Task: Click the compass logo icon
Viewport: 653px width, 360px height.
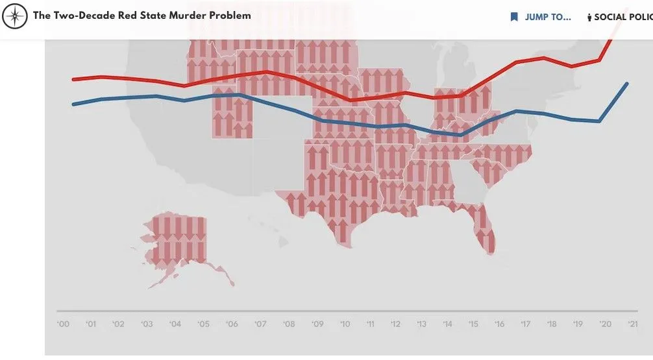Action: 14,16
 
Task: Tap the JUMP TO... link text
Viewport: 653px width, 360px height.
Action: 548,17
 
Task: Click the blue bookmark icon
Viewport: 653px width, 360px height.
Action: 514,17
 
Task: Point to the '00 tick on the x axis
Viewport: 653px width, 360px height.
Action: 64,324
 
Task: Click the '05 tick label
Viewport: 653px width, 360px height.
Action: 204,324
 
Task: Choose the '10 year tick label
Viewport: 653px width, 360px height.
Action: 345,324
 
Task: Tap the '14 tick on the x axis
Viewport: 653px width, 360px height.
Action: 447,324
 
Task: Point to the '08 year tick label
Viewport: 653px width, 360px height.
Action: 289,324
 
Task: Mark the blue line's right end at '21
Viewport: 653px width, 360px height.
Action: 627,84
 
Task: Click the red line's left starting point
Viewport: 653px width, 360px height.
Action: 73,80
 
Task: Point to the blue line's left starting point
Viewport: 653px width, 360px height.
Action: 73,104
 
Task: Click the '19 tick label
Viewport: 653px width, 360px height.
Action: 577,324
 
